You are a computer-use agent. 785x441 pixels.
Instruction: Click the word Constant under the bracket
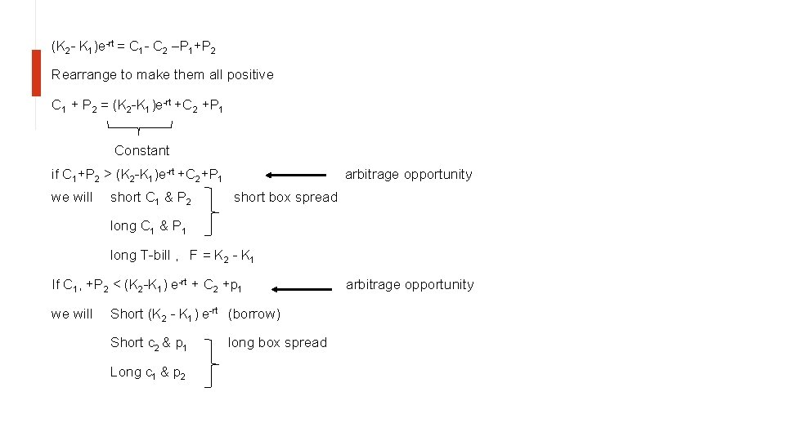141,150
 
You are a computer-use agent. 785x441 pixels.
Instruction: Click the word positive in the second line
249,74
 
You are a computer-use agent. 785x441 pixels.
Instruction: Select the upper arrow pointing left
298,174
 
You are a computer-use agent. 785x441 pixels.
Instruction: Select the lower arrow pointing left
303,288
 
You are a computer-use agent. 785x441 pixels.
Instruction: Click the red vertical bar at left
36,73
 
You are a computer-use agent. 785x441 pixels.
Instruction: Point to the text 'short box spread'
285,197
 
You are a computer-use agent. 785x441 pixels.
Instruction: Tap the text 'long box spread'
277,342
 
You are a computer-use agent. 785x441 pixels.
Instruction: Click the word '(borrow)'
254,314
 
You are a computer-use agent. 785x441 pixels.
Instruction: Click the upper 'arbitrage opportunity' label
408,174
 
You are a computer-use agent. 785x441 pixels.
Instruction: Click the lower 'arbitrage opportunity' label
410,284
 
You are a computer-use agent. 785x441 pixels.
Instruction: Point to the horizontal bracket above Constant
140,127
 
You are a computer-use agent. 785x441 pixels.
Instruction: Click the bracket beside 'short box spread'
213,199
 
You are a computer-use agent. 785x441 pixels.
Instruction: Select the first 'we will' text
72,197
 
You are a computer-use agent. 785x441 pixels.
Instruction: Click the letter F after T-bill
194,255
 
